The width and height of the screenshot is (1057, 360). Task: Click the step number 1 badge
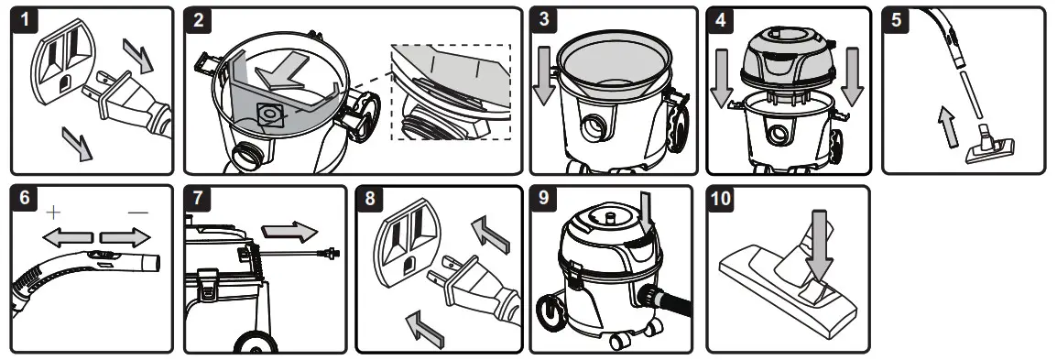click(x=26, y=20)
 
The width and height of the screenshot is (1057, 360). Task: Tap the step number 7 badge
click(x=198, y=198)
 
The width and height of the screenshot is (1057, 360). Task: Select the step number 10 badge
click(x=721, y=198)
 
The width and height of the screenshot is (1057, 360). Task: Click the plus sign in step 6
click(x=53, y=213)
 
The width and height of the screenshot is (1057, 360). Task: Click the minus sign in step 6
click(x=137, y=213)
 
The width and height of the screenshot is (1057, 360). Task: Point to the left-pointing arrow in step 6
click(x=68, y=237)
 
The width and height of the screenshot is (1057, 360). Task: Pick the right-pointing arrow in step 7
click(x=289, y=231)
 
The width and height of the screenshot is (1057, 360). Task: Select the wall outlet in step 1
click(x=63, y=61)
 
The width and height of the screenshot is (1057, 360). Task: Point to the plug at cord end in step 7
click(x=331, y=254)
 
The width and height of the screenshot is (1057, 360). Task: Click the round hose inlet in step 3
click(x=594, y=128)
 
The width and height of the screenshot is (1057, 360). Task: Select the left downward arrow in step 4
click(x=721, y=78)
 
